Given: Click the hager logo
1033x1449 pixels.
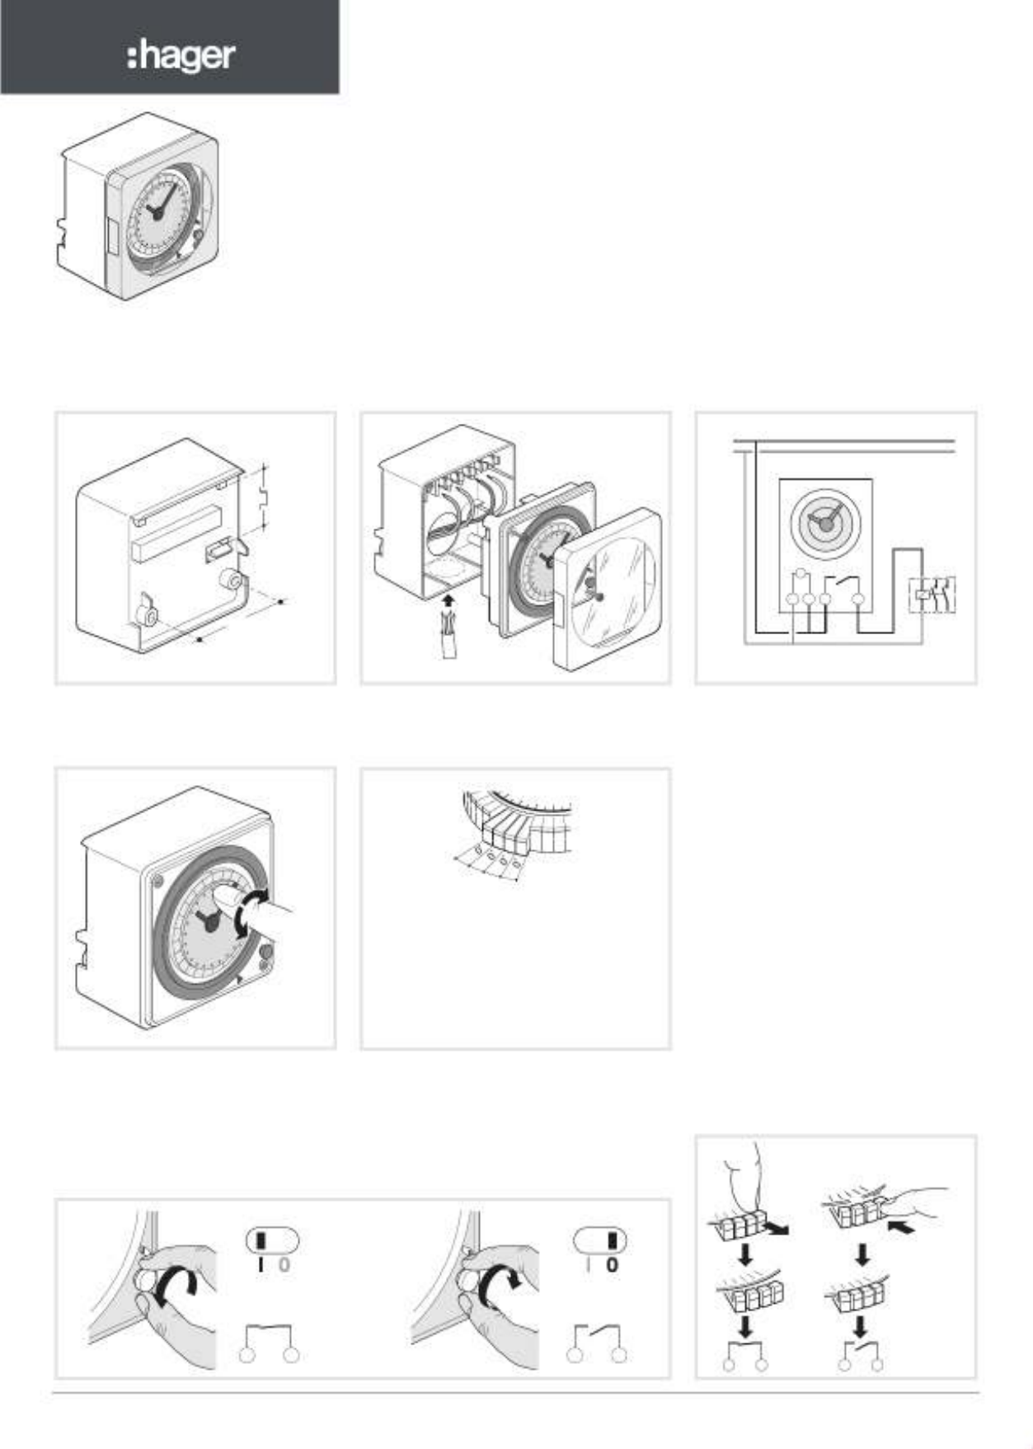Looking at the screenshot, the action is [181, 56].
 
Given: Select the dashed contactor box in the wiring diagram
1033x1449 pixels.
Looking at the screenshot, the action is [932, 595].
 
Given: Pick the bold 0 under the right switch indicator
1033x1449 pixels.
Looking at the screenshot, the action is [612, 1264].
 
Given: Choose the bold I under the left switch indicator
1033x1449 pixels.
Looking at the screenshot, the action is [261, 1264].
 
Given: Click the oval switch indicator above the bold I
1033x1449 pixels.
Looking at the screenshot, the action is [272, 1240].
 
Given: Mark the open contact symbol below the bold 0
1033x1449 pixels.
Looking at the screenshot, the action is [596, 1343].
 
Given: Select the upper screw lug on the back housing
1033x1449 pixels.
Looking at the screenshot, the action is [229, 581].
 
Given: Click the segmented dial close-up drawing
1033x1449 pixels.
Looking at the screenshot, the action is [514, 835].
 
